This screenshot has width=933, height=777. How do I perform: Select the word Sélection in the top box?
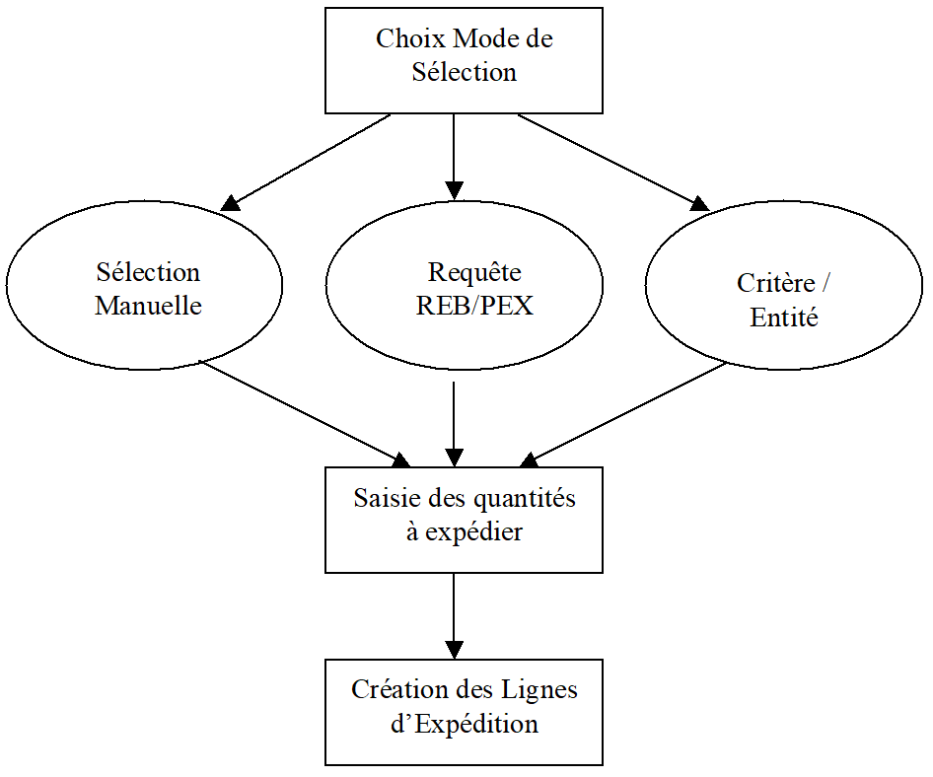click(x=464, y=72)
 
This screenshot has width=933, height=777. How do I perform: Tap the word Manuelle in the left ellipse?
click(x=148, y=306)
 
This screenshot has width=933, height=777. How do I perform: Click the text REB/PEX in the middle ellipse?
click(x=474, y=306)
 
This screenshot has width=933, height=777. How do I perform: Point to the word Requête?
click(x=474, y=272)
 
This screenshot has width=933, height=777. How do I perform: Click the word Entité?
click(x=784, y=318)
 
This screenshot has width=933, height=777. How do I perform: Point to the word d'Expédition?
click(x=464, y=724)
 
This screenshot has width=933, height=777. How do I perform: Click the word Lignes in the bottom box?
click(x=540, y=689)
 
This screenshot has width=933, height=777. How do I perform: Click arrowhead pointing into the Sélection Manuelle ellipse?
click(x=230, y=203)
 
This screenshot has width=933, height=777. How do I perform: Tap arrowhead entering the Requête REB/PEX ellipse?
click(x=454, y=189)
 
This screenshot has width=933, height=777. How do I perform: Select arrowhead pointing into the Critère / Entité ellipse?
click(x=699, y=204)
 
